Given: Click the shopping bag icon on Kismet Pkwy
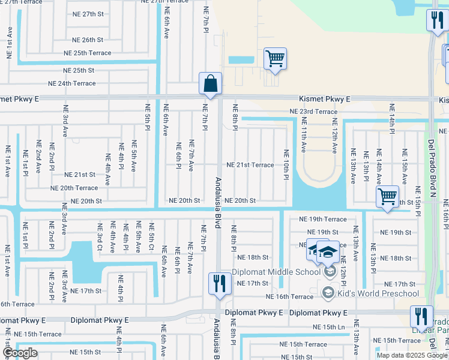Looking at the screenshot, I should (210, 85).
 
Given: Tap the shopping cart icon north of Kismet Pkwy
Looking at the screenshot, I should (275, 59).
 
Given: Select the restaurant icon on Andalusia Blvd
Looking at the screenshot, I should (219, 283).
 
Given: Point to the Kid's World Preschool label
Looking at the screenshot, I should (378, 293).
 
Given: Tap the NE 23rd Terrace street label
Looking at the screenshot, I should (313, 112).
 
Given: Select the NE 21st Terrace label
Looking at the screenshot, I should (250, 165).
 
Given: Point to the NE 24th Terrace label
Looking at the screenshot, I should (71, 84).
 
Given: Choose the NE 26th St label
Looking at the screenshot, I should (88, 40).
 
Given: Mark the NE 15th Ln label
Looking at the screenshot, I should (328, 327).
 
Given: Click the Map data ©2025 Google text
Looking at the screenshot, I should (412, 355).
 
